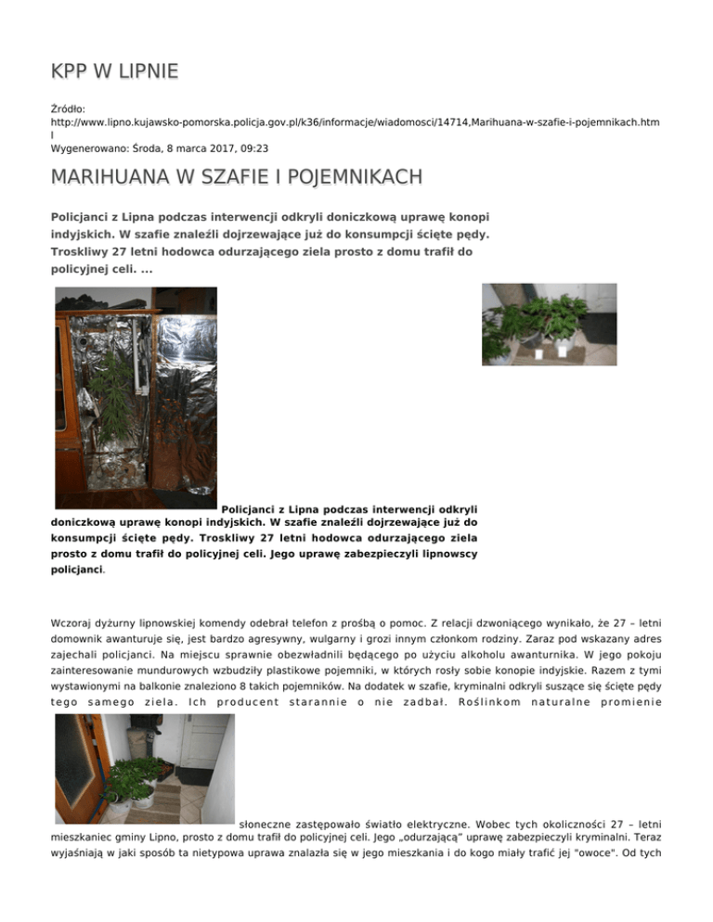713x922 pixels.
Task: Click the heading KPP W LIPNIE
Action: pyautogui.click(x=115, y=71)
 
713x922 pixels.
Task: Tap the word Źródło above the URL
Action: pyautogui.click(x=68, y=109)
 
